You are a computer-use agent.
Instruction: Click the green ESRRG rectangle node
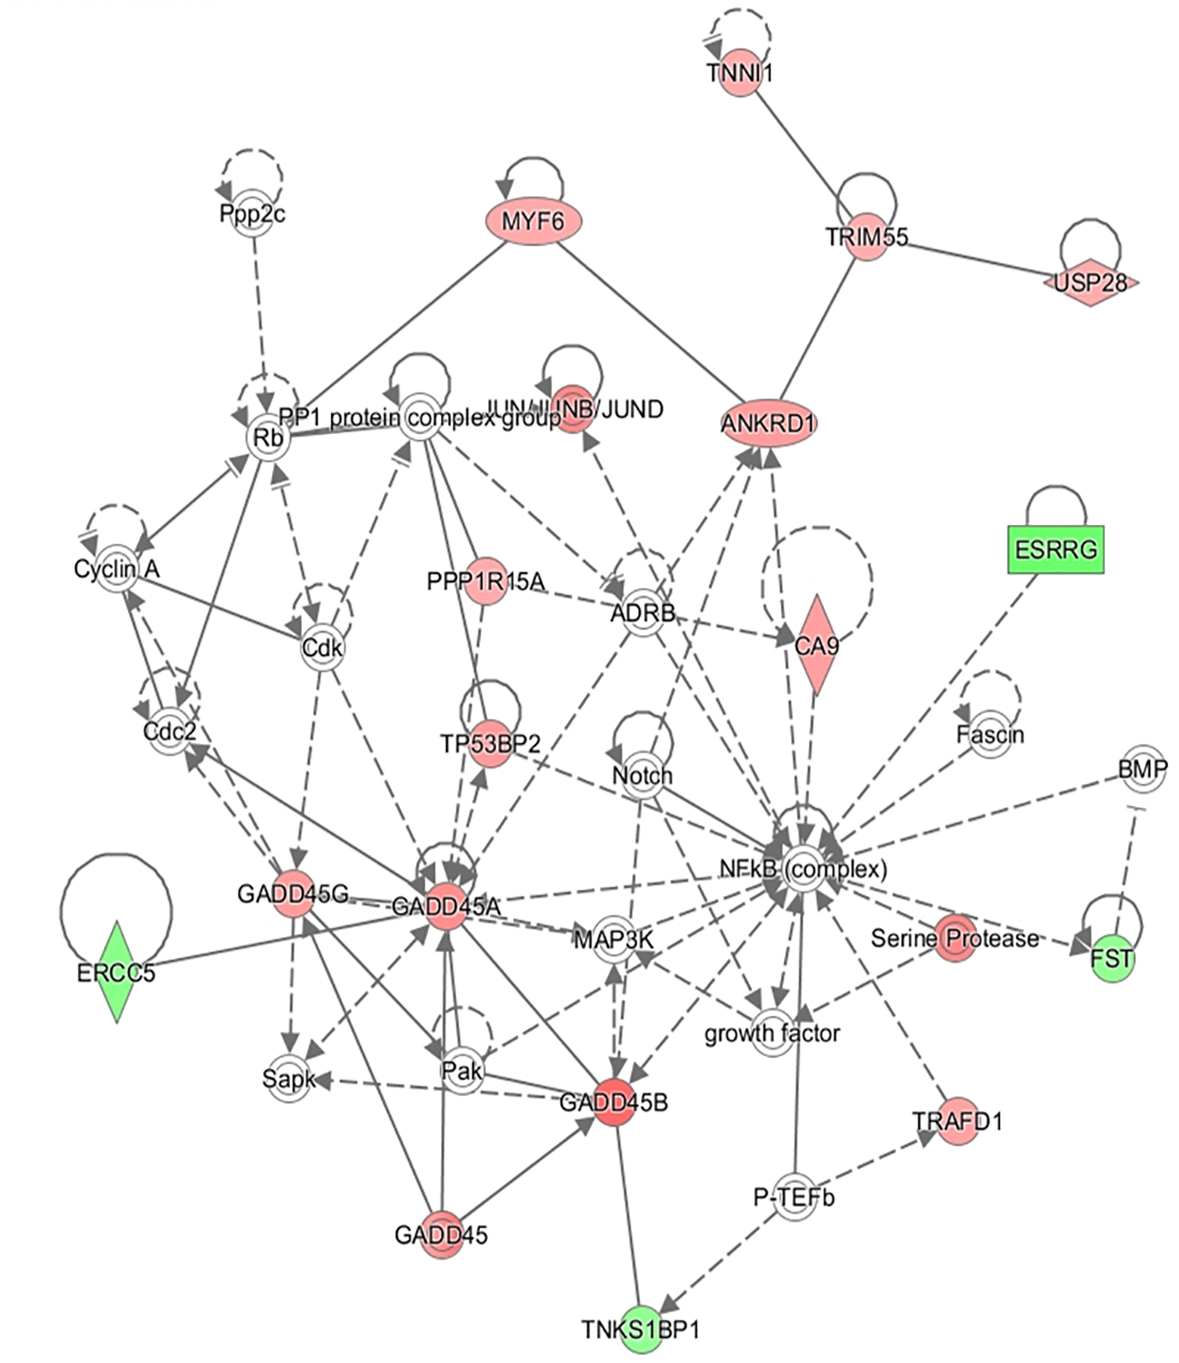1055,548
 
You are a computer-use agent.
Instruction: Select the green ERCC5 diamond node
117,971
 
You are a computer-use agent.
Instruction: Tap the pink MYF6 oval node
533,221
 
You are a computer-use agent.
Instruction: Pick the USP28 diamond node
1090,282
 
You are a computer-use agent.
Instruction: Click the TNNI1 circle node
740,72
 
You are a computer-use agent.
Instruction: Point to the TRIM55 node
866,235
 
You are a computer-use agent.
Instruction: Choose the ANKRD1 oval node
768,423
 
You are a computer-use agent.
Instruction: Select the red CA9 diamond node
817,644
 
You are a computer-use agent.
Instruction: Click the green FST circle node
1112,957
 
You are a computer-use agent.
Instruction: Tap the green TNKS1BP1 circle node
641,1329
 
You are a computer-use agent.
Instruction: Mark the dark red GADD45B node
613,1102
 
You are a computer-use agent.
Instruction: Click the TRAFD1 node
957,1121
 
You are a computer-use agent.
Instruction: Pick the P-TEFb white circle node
794,1197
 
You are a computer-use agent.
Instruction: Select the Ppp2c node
252,213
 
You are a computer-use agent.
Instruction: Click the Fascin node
990,734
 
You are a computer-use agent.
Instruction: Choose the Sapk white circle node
289,1079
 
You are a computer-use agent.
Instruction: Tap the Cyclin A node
117,568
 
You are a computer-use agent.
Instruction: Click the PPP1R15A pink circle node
484,581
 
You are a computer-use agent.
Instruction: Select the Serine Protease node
955,937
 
